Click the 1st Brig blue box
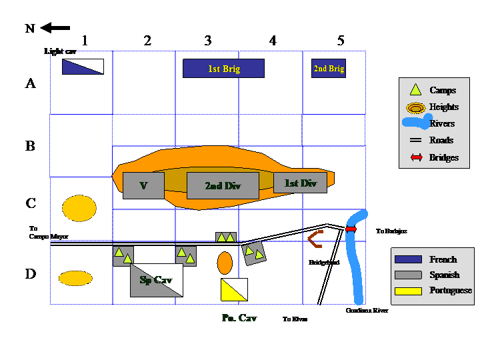[x=223, y=68]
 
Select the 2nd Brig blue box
[x=329, y=68]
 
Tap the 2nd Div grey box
[x=223, y=185]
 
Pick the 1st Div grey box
[x=300, y=183]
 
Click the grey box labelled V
[x=143, y=185]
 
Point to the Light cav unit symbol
[x=83, y=67]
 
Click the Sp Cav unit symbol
[x=156, y=281]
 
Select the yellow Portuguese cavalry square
[x=234, y=289]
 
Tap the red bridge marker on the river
[x=351, y=229]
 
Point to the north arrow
[x=55, y=28]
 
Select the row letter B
[x=30, y=146]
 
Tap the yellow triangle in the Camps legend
[x=415, y=90]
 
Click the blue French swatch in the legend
[x=408, y=259]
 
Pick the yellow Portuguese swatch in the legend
[x=408, y=291]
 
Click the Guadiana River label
[x=367, y=311]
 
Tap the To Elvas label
[x=295, y=319]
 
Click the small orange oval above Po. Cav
[x=225, y=262]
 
